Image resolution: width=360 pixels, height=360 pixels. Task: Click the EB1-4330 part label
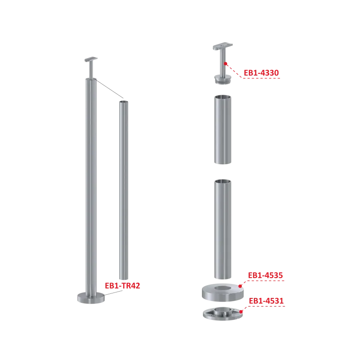coord(261,73)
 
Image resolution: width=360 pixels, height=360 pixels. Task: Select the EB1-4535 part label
coord(265,275)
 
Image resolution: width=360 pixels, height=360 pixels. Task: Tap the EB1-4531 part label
coord(266,301)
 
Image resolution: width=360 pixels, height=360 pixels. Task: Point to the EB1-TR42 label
coord(122,286)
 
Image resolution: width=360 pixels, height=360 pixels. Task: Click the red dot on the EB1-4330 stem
coord(226,63)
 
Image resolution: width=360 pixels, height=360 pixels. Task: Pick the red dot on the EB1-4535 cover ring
coord(240,286)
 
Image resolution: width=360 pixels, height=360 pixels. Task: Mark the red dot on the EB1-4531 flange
coord(241,311)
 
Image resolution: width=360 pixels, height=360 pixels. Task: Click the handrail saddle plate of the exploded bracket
coord(223,46)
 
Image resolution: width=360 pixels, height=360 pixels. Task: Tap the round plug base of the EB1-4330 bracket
coord(223,79)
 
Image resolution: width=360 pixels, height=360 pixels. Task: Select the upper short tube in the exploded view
coord(223,130)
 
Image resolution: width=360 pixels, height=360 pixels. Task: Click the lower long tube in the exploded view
coord(223,229)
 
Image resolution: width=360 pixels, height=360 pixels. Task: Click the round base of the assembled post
coord(91,298)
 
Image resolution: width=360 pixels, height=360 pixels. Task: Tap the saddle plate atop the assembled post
coord(91,59)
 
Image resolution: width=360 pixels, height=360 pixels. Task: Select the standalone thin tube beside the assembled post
coord(124,190)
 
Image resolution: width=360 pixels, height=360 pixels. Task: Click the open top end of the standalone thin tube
coord(124,102)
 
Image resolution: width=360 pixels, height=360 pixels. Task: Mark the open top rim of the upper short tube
coord(223,97)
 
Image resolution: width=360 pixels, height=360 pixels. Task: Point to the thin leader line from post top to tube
coord(109,89)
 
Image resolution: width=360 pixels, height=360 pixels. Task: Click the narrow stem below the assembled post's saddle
coord(91,70)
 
